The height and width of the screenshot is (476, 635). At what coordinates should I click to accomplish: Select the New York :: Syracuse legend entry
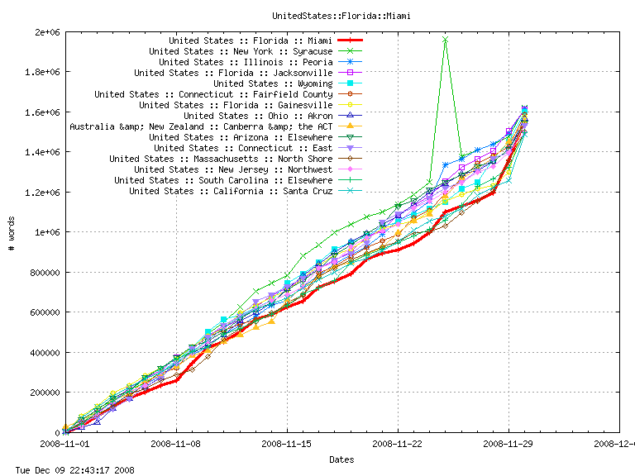(241, 51)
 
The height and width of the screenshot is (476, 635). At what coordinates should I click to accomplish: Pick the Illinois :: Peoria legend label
(246, 62)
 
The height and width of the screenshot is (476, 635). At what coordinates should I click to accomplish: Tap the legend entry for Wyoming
(273, 83)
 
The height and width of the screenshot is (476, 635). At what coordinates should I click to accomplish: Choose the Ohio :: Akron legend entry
(258, 116)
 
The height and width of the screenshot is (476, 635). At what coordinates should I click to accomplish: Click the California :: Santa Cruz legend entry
(231, 191)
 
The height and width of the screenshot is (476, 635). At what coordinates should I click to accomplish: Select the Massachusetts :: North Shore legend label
(221, 159)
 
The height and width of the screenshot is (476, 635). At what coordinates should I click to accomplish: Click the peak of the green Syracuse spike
(445, 39)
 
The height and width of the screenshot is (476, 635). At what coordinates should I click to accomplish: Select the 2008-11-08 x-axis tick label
(176, 444)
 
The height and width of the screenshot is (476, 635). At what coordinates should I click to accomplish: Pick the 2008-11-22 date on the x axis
(398, 444)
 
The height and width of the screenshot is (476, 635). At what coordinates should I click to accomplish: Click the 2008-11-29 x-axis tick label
(508, 444)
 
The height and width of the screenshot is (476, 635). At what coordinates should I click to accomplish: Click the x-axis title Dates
(341, 459)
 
